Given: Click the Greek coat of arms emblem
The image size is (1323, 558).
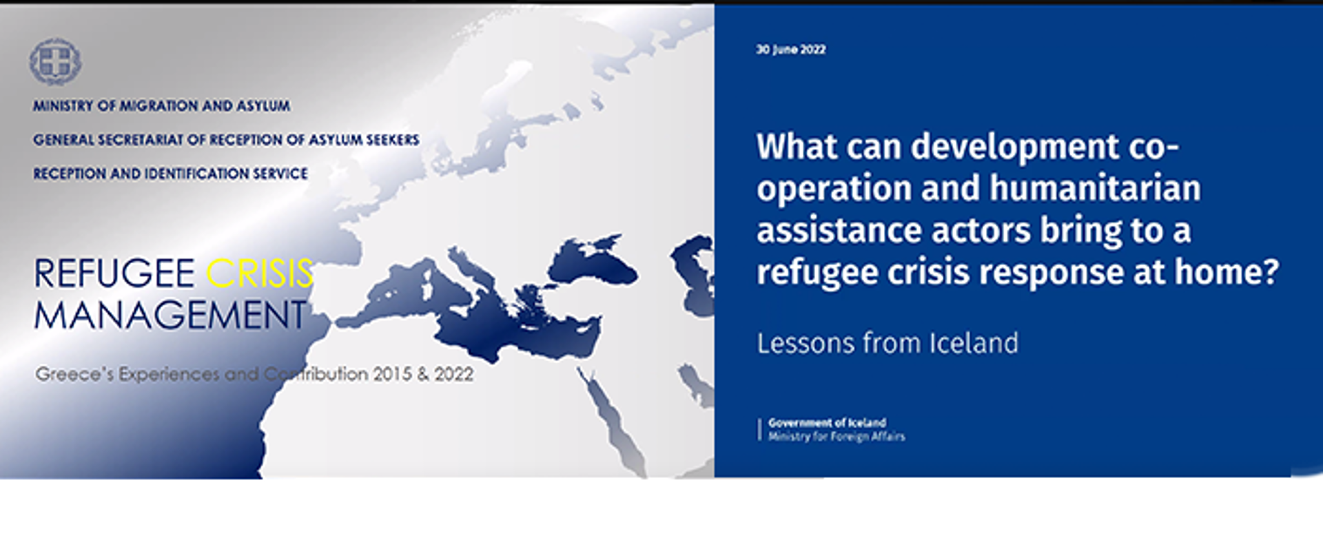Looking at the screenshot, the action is point(55,61).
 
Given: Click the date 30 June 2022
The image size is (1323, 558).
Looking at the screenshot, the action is point(790,50).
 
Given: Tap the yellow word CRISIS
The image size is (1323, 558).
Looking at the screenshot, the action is point(260,273).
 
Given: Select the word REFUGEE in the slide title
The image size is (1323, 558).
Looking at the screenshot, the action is point(114,273).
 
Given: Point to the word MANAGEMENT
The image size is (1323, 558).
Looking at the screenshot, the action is point(170,316).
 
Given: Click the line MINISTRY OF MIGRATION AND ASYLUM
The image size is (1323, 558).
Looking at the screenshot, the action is point(161,106).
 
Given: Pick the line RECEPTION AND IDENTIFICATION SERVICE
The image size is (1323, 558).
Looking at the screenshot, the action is point(170,174).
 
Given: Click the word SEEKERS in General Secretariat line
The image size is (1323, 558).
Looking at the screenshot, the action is point(393,140).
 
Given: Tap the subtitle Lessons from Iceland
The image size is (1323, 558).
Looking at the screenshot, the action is point(888,343).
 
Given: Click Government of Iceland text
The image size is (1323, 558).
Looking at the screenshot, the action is point(827,422).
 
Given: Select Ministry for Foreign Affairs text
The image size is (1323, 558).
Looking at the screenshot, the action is point(837,436).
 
